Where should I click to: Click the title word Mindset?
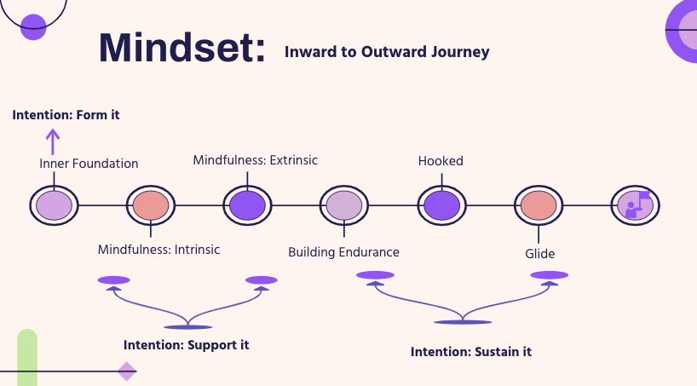[x=182, y=49]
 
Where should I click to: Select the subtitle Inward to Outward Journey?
[x=387, y=52]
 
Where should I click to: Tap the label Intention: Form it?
[x=66, y=114]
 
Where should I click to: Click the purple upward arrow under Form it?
[x=53, y=140]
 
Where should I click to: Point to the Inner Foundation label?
[x=89, y=164]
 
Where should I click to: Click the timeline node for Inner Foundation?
[x=54, y=205]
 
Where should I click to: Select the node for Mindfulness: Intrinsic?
[x=151, y=205]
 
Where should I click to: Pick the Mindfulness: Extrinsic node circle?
[x=248, y=205]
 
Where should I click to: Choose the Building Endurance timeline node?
[x=345, y=205]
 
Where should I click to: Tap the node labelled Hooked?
[x=442, y=205]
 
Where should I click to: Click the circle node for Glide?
[x=539, y=205]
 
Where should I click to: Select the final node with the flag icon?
[x=636, y=205]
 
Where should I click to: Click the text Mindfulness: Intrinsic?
[x=158, y=250]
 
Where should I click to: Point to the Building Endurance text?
[x=343, y=252]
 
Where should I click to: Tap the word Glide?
[x=540, y=253]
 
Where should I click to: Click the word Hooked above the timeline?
[x=441, y=160]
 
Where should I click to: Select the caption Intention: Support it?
[x=186, y=345]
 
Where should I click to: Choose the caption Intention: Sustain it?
[x=470, y=351]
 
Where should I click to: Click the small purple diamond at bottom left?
[x=127, y=372]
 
